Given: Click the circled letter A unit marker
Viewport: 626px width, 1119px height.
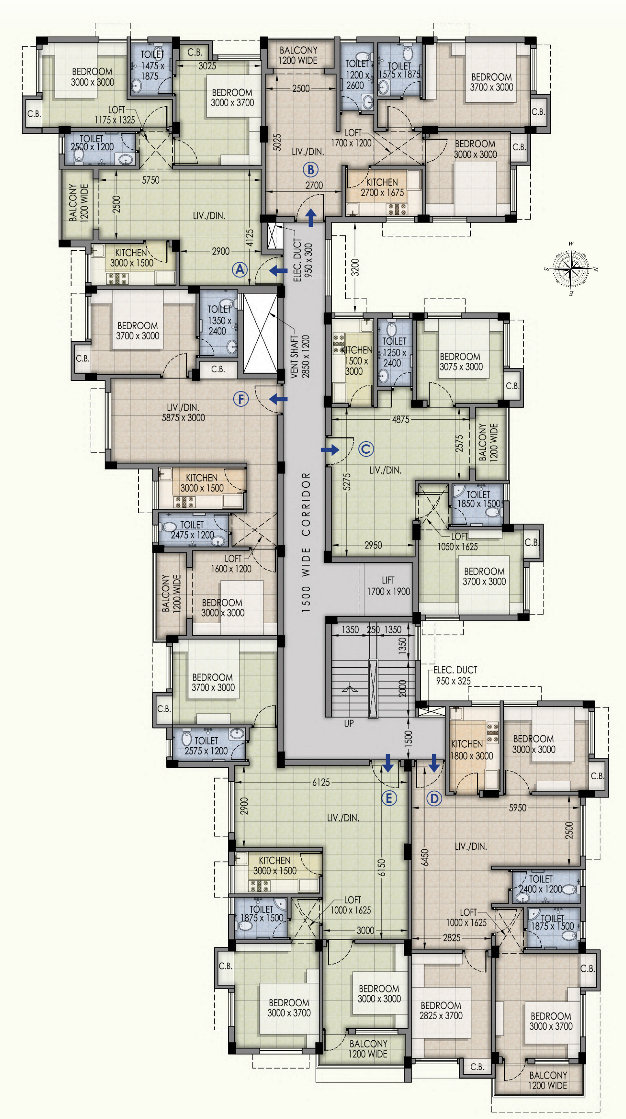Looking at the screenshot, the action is (x=240, y=270).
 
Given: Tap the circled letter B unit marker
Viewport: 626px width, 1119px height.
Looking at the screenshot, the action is (x=311, y=169).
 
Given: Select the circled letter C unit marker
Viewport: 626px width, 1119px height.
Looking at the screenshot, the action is (x=366, y=449).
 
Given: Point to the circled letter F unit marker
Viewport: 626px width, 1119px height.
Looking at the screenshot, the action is (x=241, y=399).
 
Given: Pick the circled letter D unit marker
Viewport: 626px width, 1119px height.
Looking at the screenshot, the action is (x=434, y=798).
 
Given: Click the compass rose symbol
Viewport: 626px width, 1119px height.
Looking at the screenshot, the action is (x=571, y=269).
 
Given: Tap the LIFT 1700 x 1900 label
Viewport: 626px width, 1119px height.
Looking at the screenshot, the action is (x=388, y=586).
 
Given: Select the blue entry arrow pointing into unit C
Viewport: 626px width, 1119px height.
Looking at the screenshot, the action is (x=330, y=450).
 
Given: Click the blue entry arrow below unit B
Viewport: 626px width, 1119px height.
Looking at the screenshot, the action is (x=311, y=218).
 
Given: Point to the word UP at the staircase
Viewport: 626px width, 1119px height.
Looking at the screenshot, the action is (x=349, y=723).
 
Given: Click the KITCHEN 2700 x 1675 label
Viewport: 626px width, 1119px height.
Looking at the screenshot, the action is (x=382, y=187).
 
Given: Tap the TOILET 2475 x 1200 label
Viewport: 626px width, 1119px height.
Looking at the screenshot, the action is (x=192, y=530).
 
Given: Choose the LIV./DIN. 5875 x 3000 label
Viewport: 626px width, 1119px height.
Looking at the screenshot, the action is (x=183, y=413).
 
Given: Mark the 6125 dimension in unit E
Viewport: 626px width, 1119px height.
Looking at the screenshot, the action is (x=321, y=782).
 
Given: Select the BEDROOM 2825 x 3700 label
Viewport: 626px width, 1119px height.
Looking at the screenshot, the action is (x=441, y=1010).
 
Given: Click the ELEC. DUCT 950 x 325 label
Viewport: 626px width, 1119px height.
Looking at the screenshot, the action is (x=455, y=675).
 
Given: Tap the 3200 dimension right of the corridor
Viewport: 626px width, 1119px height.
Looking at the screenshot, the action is (x=355, y=267).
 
